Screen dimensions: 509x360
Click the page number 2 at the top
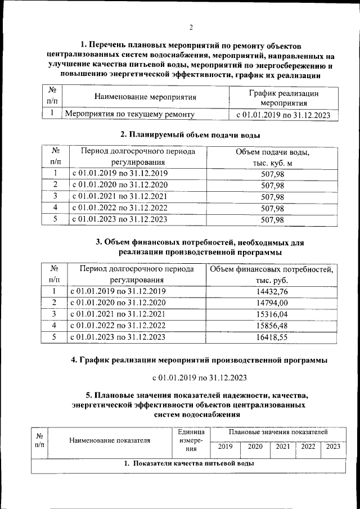pyautogui.click(x=191, y=28)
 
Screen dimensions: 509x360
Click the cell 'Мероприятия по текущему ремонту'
pyautogui.click(x=130, y=115)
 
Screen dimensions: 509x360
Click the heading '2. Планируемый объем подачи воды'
pyautogui.click(x=191, y=134)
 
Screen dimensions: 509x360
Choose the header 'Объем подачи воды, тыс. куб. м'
pyautogui.click(x=273, y=157)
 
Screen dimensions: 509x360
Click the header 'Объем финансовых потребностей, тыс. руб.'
pyautogui.click(x=271, y=274)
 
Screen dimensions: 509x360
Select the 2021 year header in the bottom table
pyautogui.click(x=283, y=447)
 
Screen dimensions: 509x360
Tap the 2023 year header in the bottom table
pyautogui.click(x=333, y=447)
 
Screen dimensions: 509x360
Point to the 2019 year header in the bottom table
pyautogui.click(x=225, y=447)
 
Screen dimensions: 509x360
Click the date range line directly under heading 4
pyautogui.click(x=199, y=377)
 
